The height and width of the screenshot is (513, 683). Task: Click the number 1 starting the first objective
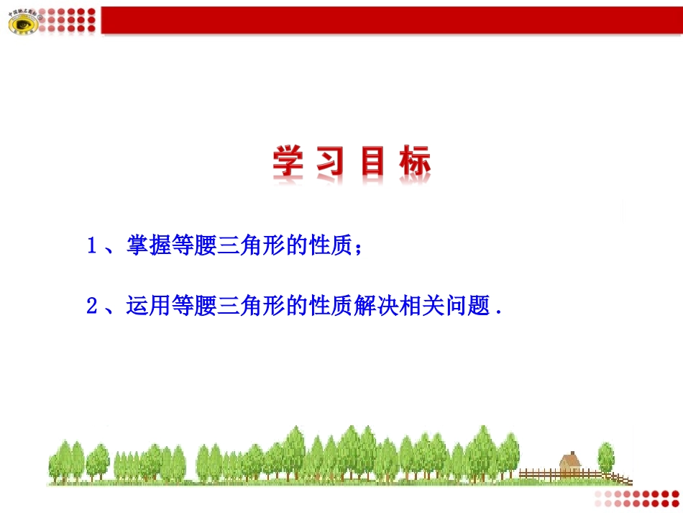(x=91, y=247)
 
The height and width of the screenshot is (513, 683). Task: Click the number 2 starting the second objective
(x=91, y=307)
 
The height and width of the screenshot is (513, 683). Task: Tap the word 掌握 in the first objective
(x=148, y=247)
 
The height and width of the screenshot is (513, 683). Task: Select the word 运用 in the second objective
(x=148, y=307)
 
